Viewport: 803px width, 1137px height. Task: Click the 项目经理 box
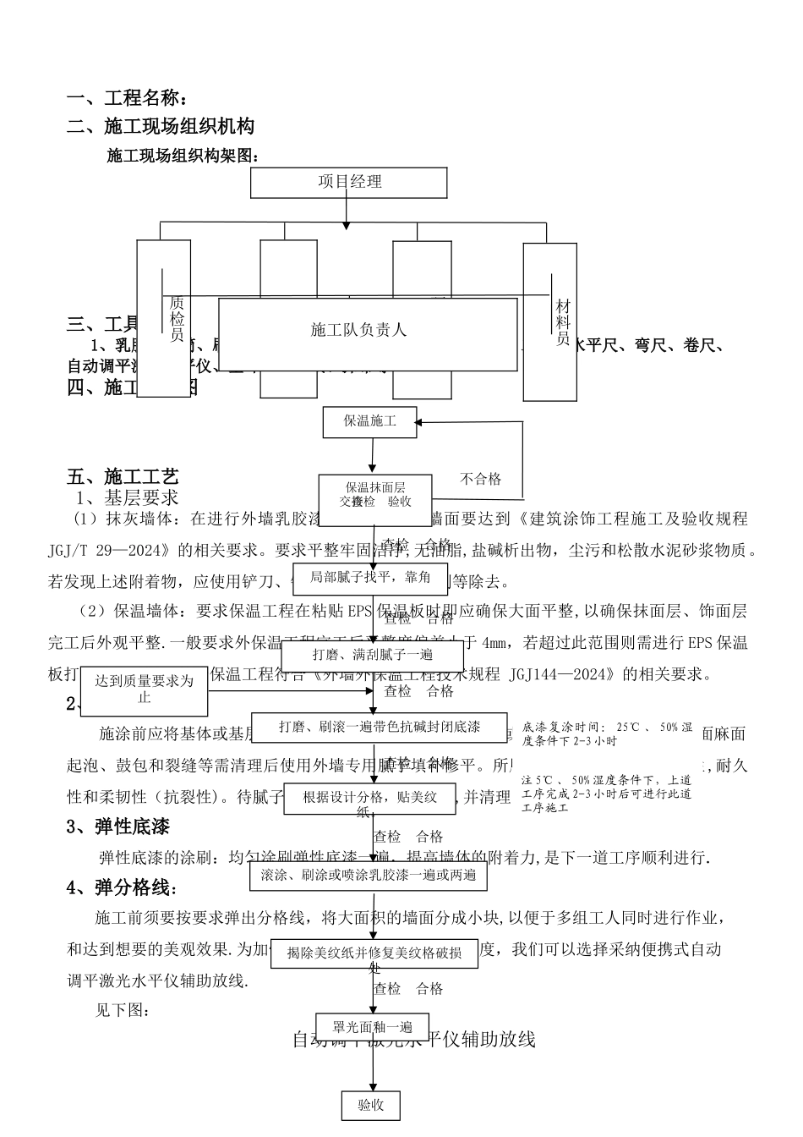[349, 182]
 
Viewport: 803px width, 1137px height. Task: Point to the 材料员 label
[563, 321]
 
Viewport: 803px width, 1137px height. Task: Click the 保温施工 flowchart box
[370, 421]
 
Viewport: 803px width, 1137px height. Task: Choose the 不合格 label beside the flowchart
[480, 479]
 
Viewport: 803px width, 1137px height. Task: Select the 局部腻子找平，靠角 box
[370, 578]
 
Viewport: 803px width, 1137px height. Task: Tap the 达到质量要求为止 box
[145, 689]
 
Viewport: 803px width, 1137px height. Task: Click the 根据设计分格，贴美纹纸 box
[370, 799]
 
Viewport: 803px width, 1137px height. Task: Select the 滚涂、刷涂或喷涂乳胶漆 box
[369, 875]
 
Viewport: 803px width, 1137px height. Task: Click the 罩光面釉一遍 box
[372, 1027]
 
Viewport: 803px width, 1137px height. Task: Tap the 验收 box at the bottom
[370, 1105]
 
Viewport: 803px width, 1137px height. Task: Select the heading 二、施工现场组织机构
[161, 127]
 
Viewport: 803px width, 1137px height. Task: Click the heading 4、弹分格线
[123, 887]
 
